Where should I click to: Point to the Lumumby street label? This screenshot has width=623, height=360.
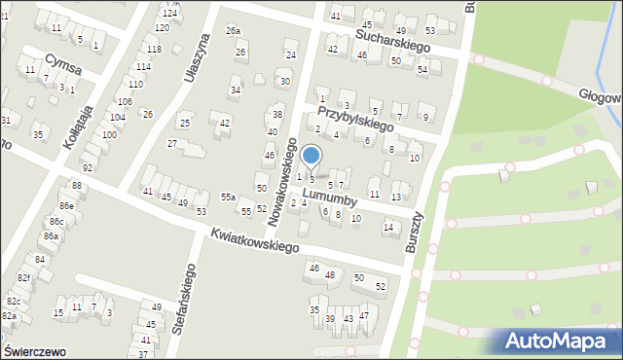point(331,198)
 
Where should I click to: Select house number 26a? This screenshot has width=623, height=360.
point(234,31)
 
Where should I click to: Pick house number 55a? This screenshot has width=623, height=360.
point(228,197)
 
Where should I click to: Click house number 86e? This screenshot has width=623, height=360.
point(66,206)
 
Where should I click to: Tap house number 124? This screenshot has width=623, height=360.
point(170,13)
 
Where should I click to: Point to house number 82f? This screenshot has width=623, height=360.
point(24,278)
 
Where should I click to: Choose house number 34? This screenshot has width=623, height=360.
point(235,90)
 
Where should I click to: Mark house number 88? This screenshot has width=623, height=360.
point(76,185)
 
